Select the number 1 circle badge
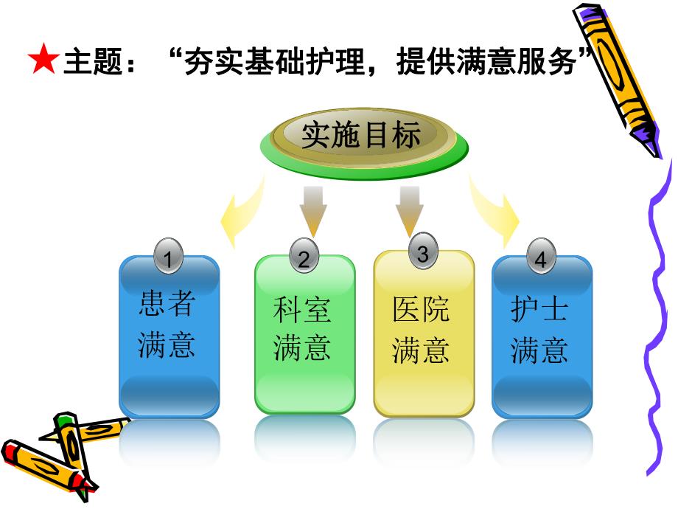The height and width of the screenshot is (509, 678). click(x=170, y=258)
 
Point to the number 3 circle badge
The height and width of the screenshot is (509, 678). click(x=422, y=254)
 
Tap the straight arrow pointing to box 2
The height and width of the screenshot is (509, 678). click(x=312, y=210)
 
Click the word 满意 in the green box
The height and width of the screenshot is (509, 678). click(x=302, y=348)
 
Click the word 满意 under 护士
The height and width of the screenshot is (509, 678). click(x=540, y=350)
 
